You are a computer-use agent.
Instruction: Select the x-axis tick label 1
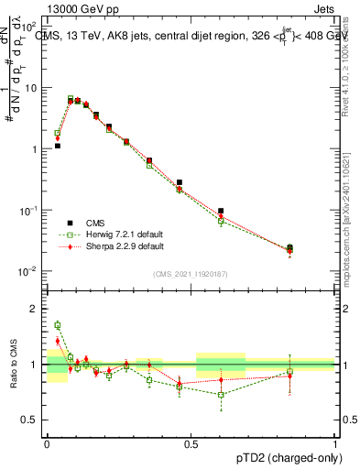335,442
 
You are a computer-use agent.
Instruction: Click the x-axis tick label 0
47,442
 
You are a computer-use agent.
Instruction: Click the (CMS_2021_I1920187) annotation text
191,274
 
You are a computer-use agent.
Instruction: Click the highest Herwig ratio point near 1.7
58,325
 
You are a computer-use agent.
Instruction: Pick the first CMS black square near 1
58,146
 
